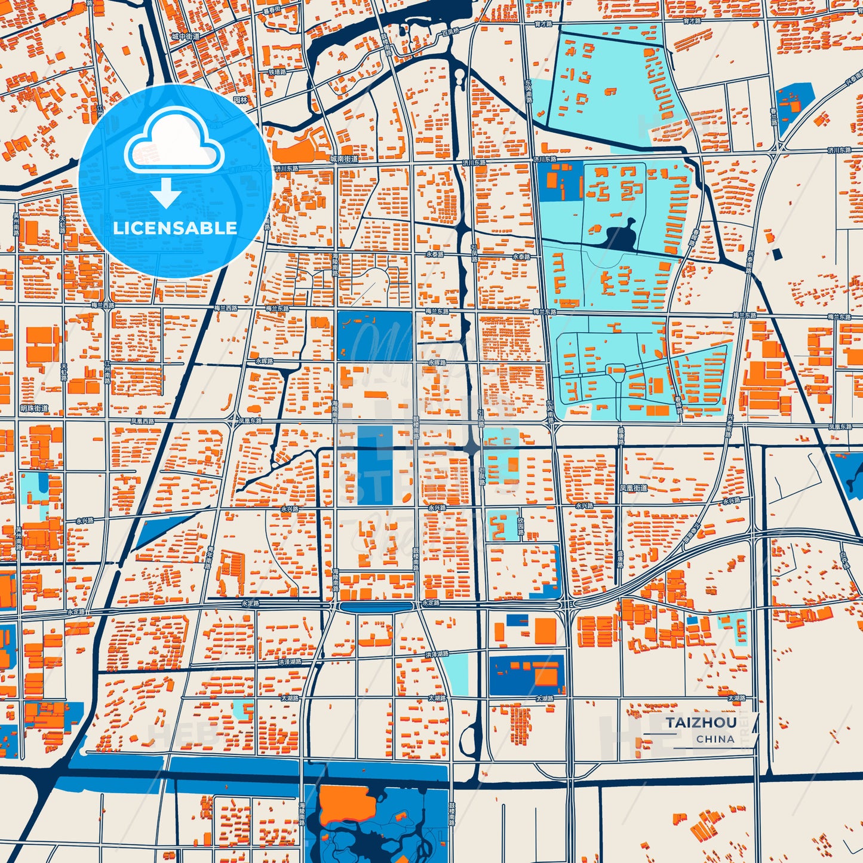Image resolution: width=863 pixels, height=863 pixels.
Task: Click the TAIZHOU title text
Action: pos(701,722)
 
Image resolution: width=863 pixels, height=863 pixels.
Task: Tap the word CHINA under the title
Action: pos(715,739)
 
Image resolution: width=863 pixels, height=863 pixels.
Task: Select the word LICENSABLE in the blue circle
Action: pos(175,228)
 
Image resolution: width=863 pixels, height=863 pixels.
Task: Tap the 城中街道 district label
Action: pos(185,36)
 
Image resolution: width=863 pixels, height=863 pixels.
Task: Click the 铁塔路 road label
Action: pos(277,72)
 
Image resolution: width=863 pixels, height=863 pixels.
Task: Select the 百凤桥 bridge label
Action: pos(450,30)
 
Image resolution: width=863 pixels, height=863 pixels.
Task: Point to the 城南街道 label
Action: pos(344,159)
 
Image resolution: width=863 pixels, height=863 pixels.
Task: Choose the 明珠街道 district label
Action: pos(34,409)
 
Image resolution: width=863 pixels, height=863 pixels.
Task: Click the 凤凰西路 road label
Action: pos(142,421)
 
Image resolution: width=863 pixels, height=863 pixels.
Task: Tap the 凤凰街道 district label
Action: pos(633,488)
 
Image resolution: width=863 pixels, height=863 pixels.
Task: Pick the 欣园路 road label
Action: pos(521,526)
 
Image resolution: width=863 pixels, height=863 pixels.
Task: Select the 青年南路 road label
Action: pos(210,558)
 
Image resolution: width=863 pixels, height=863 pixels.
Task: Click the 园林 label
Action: pos(240,100)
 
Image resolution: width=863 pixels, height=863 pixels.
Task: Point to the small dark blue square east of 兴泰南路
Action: pos(776,254)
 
